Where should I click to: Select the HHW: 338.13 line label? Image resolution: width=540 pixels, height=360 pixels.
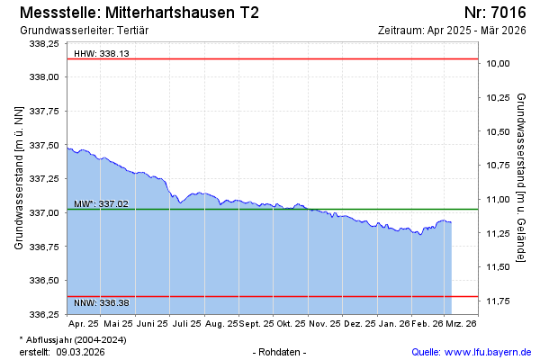pyautogui.click(x=102, y=54)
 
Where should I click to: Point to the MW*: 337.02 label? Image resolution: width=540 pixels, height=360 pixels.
pyautogui.click(x=102, y=204)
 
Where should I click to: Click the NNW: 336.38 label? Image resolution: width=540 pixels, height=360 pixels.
pyautogui.click(x=102, y=302)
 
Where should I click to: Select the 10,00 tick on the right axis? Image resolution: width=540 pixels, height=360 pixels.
pyautogui.click(x=498, y=64)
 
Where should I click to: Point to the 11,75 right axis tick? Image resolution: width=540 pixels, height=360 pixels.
pyautogui.click(x=498, y=301)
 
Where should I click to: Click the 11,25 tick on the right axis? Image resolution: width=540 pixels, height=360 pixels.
pyautogui.click(x=498, y=233)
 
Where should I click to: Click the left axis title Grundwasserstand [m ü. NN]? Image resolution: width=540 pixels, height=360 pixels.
pyautogui.click(x=19, y=177)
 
